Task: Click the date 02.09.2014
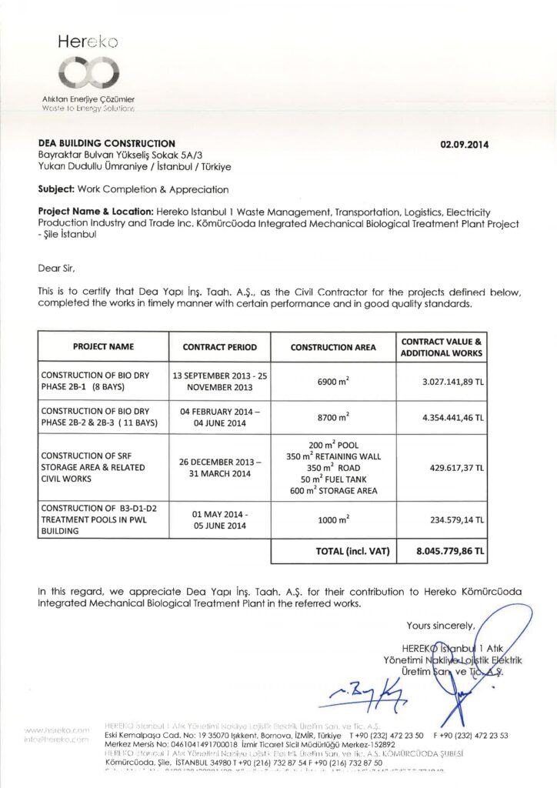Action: [464, 144]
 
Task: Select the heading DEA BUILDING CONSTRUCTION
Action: [107, 143]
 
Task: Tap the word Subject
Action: [55, 189]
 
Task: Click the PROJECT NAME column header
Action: [104, 347]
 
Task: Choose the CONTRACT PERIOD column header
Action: [220, 347]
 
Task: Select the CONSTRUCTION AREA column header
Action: [333, 347]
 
